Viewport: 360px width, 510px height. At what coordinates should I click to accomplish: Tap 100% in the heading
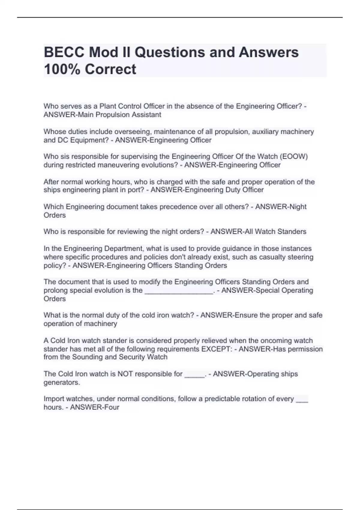(62, 69)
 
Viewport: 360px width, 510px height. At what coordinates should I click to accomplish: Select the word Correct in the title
(110, 69)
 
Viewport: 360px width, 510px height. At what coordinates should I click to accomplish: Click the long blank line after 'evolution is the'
(179, 290)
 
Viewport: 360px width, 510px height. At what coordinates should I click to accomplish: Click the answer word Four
(112, 407)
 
